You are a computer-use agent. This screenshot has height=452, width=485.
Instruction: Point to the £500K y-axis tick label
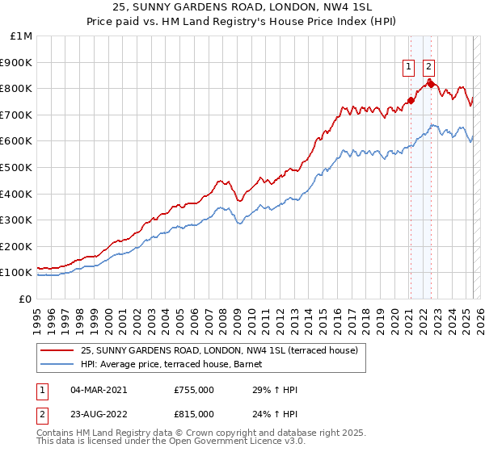tap(18, 168)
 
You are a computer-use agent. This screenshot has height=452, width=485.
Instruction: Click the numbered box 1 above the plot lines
tap(410, 68)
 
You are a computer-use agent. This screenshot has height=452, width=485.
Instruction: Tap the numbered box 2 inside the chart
tap(428, 68)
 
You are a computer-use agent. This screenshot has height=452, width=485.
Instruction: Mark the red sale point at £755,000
tap(411, 100)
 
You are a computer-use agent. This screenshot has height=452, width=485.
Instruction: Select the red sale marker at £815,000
tap(431, 84)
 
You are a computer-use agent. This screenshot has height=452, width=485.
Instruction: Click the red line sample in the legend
tap(57, 350)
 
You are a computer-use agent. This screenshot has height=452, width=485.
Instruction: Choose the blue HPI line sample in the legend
tap(57, 364)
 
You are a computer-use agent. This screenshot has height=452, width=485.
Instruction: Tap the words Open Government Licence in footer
tap(214, 444)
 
